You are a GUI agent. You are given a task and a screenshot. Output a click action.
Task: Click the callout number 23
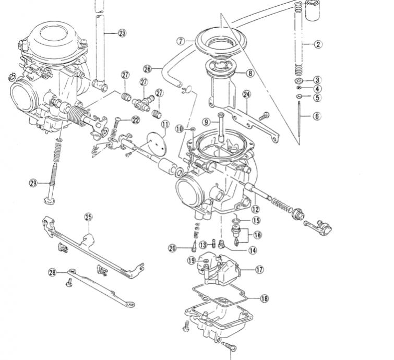pyautogui.click(x=122, y=33)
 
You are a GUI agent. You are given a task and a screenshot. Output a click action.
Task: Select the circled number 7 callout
pyautogui.click(x=181, y=40)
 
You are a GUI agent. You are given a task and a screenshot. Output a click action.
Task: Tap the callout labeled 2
pyautogui.click(x=317, y=44)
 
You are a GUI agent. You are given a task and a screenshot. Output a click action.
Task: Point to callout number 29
pyautogui.click(x=33, y=183)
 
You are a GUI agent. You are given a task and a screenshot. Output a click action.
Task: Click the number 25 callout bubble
pyautogui.click(x=88, y=217)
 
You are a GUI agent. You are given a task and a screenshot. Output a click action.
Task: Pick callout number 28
pyautogui.click(x=52, y=272)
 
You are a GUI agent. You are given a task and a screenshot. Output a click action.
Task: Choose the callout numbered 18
pyautogui.click(x=264, y=298)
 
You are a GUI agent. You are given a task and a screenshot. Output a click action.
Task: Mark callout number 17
pyautogui.click(x=259, y=270)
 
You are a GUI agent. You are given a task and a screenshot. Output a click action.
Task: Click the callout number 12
pyautogui.click(x=255, y=209)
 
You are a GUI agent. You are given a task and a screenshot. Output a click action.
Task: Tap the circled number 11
pyautogui.click(x=165, y=125)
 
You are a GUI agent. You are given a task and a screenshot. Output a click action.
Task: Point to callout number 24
pyautogui.click(x=247, y=94)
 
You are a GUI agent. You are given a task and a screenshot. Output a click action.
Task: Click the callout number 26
pyautogui.click(x=147, y=68)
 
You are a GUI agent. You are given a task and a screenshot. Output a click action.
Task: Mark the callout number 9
pyautogui.click(x=207, y=122)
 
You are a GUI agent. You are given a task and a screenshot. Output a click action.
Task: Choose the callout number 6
pyautogui.click(x=317, y=116)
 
